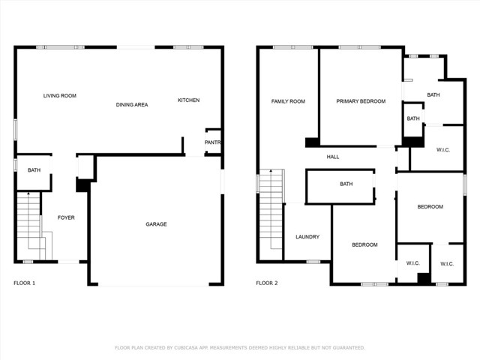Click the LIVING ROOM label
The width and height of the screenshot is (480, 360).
point(59,96)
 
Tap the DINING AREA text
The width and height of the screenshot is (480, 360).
point(131,105)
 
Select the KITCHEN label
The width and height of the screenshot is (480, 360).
point(188,100)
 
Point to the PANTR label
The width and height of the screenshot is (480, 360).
point(212,142)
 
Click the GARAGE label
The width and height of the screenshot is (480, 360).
point(156,224)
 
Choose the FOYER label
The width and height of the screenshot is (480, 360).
point(66,218)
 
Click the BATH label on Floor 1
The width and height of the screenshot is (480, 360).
point(34,171)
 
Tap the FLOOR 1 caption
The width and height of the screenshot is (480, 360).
point(24,283)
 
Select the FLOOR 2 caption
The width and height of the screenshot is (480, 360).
point(267,283)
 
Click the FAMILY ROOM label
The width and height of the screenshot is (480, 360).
point(288,101)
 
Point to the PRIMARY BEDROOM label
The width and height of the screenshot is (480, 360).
point(361,101)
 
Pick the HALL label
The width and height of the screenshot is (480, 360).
point(333,157)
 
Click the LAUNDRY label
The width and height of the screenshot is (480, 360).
point(307,237)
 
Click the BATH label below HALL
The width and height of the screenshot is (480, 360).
point(346,184)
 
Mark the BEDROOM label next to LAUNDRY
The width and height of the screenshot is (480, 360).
point(364,244)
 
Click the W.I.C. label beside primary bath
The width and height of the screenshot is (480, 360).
point(442,150)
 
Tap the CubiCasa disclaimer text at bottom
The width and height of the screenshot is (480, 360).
point(239,348)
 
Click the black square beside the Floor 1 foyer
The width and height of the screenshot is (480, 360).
point(82,185)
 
